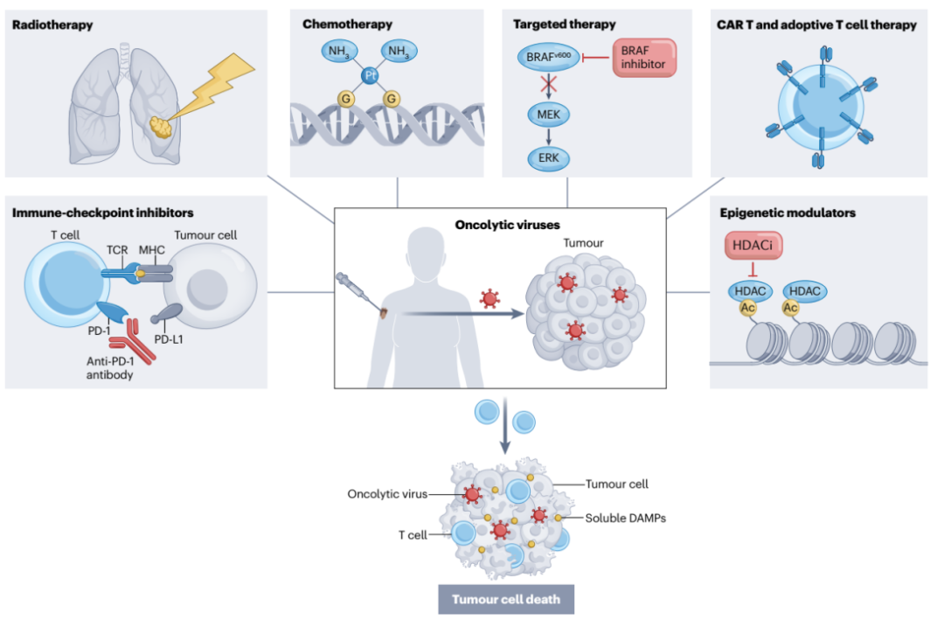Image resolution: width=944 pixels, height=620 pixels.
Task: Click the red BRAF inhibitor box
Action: [x=644, y=59]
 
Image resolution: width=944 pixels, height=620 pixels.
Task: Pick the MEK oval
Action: [x=548, y=114]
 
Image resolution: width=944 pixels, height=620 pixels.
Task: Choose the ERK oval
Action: [x=548, y=158]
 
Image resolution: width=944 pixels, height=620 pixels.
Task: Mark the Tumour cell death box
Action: [x=505, y=600]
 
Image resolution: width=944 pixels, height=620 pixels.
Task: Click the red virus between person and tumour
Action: [x=489, y=299]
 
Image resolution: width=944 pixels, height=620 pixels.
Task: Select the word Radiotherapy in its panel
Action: [x=52, y=25]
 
